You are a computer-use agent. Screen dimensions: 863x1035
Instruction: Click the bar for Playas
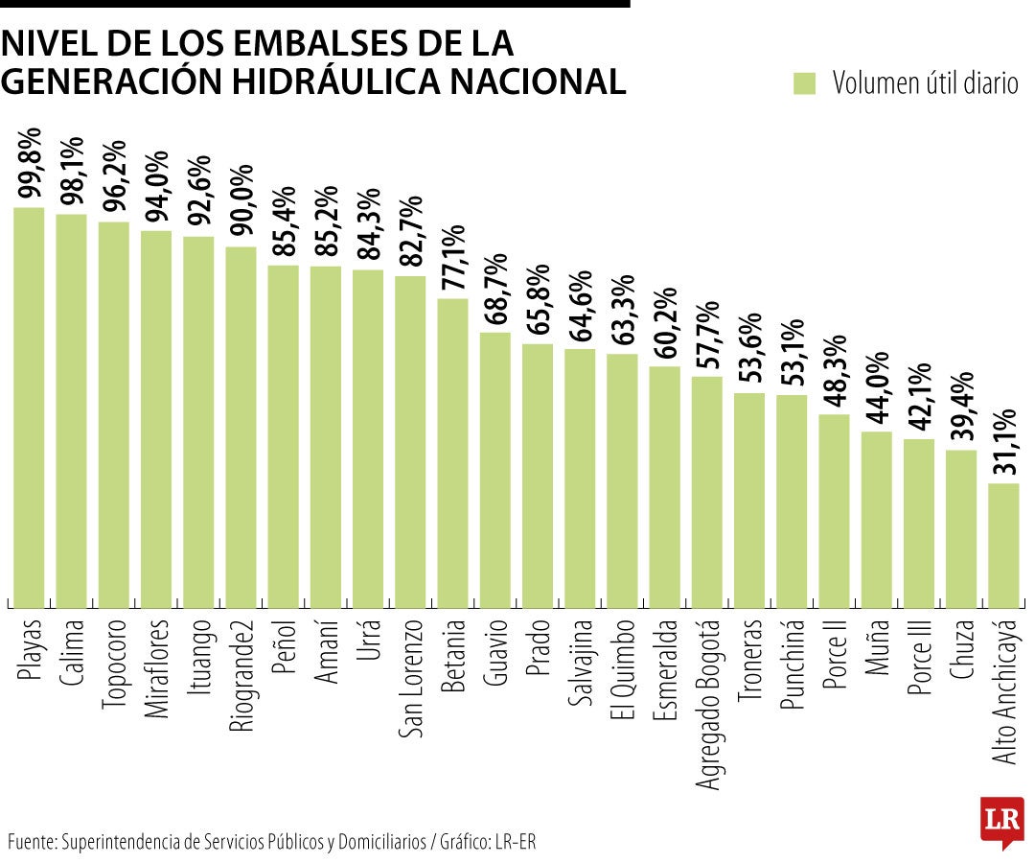point(29,408)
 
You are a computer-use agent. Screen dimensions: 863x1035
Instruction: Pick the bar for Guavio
point(494,470)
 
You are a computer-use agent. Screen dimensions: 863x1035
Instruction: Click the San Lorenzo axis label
point(411,680)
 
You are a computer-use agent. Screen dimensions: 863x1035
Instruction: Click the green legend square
point(804,83)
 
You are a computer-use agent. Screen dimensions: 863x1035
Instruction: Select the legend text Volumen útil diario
point(925,83)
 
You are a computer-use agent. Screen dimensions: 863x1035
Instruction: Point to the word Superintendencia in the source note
point(124,843)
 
